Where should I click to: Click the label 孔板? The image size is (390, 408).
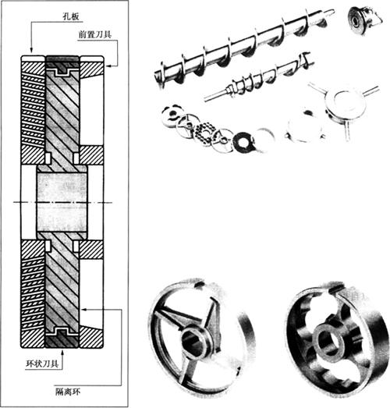(x=70, y=16)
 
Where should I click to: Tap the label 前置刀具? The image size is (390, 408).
(x=95, y=34)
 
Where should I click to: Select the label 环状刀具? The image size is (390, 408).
(x=42, y=364)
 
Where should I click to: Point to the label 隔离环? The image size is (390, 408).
(x=68, y=392)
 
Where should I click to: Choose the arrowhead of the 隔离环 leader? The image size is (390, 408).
(x=83, y=310)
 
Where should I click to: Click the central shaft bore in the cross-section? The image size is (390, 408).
(x=62, y=202)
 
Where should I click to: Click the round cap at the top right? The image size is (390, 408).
(x=363, y=20)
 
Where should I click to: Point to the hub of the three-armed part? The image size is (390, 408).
(x=344, y=103)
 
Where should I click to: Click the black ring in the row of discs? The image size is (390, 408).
(x=243, y=142)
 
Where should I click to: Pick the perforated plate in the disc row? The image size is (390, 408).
(x=206, y=134)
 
